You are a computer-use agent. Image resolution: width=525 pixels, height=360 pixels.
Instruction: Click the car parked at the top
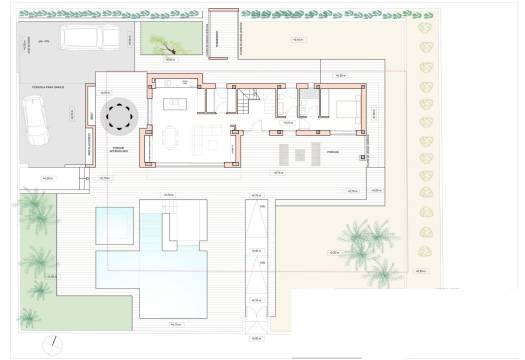click(90, 37)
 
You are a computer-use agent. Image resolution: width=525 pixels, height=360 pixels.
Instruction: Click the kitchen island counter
click(178, 103)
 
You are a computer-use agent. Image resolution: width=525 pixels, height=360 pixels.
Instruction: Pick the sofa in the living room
click(209, 133)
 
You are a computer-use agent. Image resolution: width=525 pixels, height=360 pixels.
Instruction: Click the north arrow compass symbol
click(51, 345)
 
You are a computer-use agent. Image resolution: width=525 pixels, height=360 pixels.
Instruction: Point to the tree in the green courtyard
click(164, 41)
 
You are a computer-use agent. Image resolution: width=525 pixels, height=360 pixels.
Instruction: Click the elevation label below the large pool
click(176, 324)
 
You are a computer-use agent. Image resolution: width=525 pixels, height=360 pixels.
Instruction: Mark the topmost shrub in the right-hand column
click(424, 29)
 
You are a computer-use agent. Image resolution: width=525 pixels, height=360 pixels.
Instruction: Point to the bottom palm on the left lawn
click(31, 318)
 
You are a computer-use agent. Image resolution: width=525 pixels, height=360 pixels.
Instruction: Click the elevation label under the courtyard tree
click(168, 59)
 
